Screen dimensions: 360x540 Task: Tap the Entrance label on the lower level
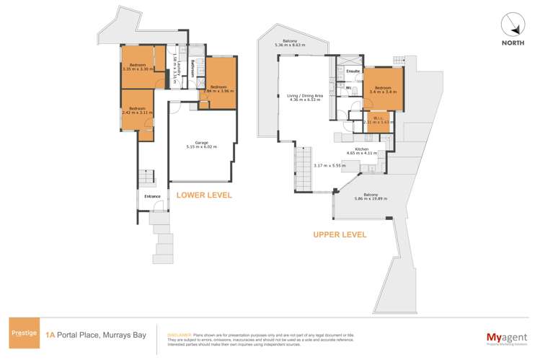[x=152, y=196]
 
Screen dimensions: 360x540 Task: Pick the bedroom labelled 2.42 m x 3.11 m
[x=138, y=111]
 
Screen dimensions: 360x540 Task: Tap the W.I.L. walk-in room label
[x=377, y=120]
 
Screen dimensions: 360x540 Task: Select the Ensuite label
[x=353, y=72]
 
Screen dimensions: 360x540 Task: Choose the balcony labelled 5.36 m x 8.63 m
[x=291, y=44]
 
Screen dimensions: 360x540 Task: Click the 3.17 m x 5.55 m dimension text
[x=328, y=166]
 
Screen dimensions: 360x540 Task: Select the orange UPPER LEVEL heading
[x=339, y=234]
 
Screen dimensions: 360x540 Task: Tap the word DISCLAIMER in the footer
[x=180, y=335]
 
